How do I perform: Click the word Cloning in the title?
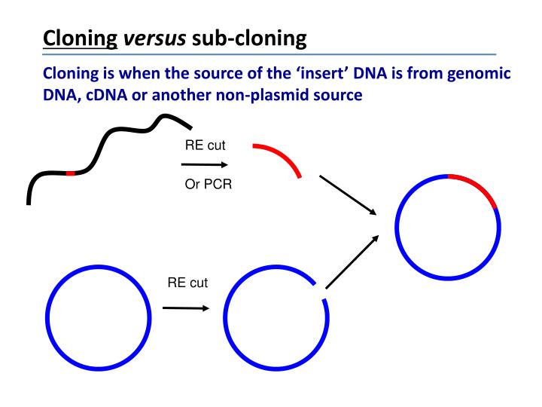(x=81, y=37)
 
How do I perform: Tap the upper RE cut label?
(x=205, y=145)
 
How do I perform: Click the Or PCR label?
(x=209, y=183)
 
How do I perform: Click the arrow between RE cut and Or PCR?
(x=204, y=164)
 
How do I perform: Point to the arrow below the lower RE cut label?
(x=185, y=308)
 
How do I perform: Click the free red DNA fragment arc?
(x=281, y=155)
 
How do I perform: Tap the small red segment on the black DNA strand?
(x=70, y=173)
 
